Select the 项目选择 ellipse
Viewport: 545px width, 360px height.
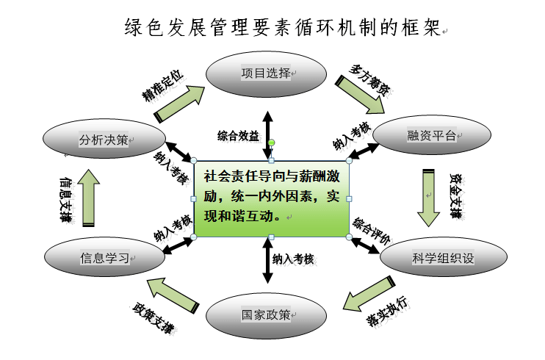coord(265,74)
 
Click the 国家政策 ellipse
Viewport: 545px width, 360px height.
coord(265,316)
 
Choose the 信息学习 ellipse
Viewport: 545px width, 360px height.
coord(104,258)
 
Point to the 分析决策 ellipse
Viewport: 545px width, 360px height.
coord(103,140)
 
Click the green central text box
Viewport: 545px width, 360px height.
coord(272,198)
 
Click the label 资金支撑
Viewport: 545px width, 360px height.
coord(456,196)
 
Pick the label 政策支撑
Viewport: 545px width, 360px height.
coord(154,317)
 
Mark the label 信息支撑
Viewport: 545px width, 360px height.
coord(65,198)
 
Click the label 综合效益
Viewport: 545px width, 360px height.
coord(237,135)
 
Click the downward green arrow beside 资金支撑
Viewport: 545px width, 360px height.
coord(428,198)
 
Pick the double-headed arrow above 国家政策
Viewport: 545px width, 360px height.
coord(266,261)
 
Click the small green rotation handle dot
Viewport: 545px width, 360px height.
coord(272,142)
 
